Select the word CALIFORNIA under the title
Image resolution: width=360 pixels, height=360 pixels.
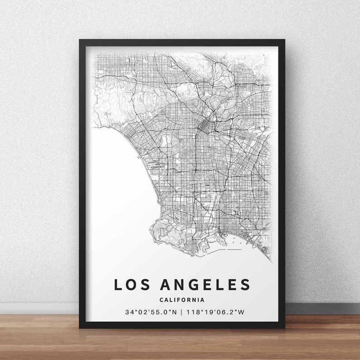(182, 300)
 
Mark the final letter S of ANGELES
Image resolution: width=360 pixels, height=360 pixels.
(245, 285)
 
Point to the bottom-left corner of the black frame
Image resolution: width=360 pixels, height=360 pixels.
(80, 327)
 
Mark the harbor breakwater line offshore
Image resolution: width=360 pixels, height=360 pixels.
(234, 249)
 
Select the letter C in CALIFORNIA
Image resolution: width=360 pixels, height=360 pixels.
(161, 300)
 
